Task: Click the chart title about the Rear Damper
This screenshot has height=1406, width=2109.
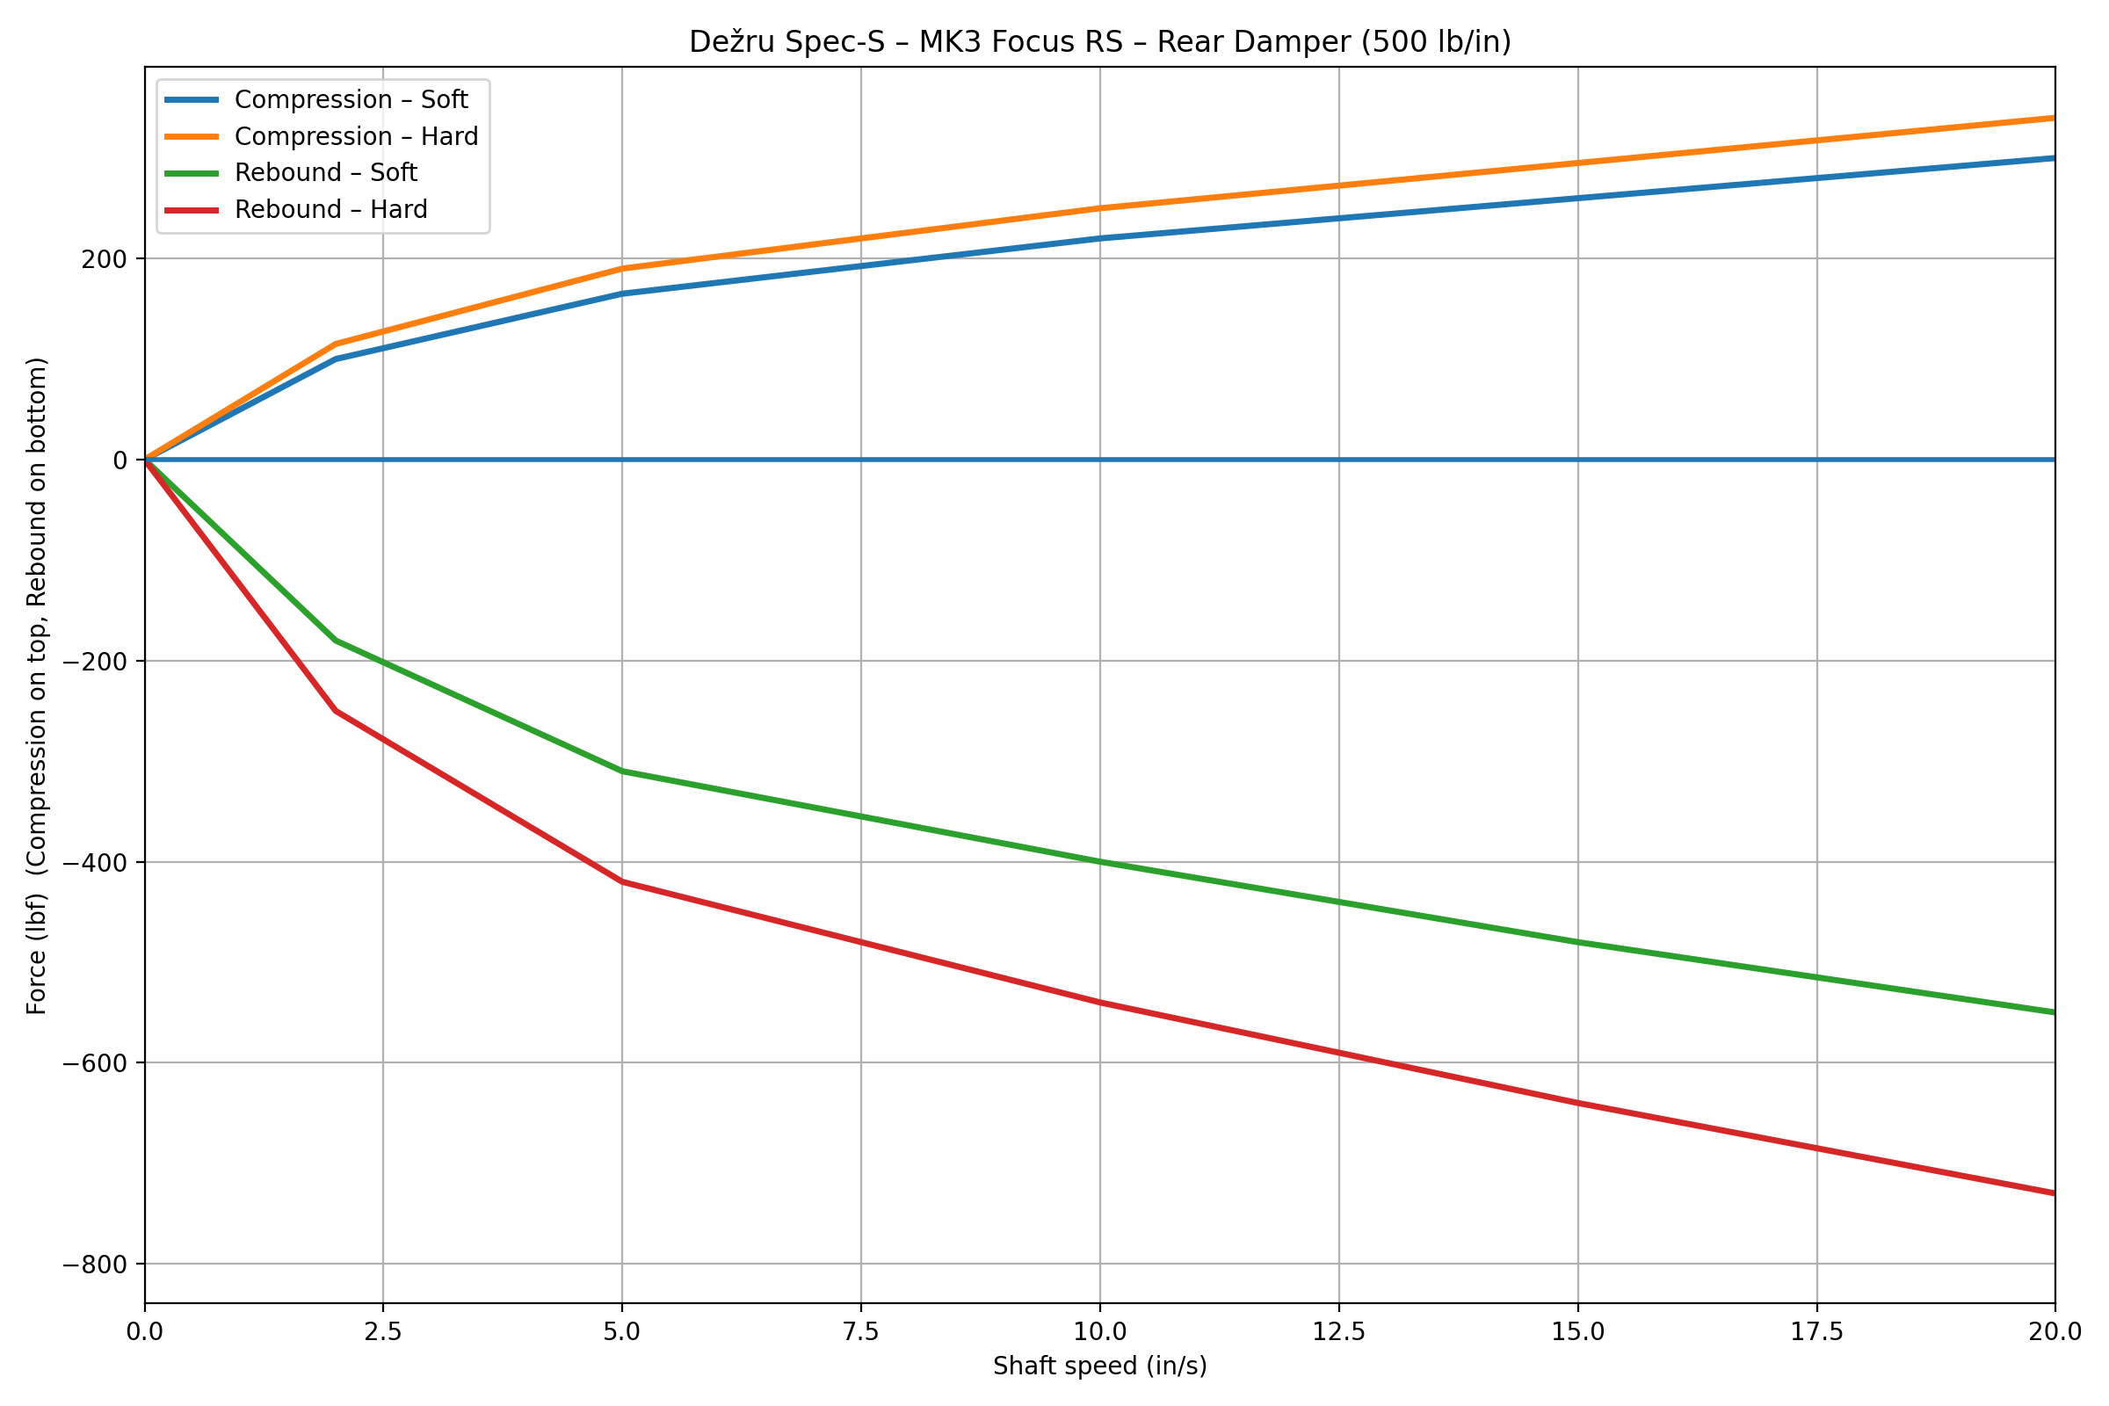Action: pos(1099,42)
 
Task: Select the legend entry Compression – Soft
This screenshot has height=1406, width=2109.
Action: pos(351,99)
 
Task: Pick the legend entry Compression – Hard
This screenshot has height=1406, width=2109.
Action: pos(356,136)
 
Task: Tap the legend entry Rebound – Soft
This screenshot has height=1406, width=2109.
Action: pos(325,172)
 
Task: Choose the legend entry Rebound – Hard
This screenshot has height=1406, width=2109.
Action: pos(331,209)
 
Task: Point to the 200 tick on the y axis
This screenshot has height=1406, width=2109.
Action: pos(104,259)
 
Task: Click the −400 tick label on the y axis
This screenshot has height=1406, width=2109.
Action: pos(94,863)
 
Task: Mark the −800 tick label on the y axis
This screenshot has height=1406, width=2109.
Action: pos(94,1265)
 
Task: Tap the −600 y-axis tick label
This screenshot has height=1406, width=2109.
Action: pos(94,1063)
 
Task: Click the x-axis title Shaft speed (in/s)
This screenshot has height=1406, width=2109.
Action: pos(1099,1366)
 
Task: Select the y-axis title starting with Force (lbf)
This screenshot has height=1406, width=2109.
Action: pos(37,686)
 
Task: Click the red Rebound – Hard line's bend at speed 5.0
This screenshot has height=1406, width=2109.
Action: pos(622,882)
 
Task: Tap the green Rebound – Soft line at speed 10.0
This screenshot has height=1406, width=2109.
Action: pos(1100,862)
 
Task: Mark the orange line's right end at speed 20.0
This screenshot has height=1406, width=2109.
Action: pos(2054,119)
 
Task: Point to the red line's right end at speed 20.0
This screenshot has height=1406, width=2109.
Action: pos(2054,1193)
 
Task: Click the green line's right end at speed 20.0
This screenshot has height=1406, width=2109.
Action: pos(2054,1012)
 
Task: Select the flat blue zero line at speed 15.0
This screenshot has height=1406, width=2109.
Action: pos(1578,460)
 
